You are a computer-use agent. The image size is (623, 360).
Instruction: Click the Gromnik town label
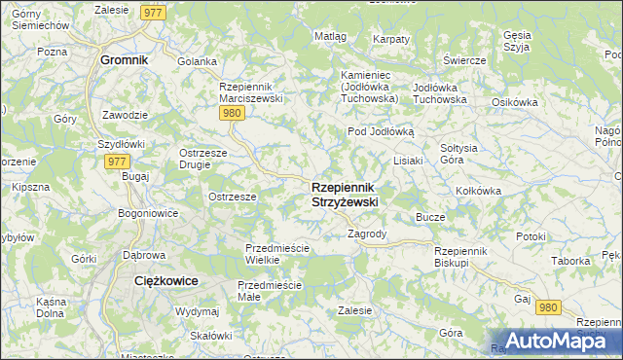point(124,59)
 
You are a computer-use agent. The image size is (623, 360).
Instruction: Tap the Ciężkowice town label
point(165,280)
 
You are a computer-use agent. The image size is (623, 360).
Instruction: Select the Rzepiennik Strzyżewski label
point(345,194)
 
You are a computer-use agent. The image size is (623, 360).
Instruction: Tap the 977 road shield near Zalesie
point(152,12)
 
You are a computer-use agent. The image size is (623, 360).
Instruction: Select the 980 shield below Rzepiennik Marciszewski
point(231,114)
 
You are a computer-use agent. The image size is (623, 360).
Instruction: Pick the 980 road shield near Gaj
point(549,307)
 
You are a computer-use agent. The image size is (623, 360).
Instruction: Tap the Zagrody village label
point(367,234)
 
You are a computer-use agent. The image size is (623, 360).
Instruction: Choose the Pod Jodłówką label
point(382,131)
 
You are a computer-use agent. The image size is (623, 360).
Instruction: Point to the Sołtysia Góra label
point(458,153)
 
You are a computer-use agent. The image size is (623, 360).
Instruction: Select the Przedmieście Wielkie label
point(276,254)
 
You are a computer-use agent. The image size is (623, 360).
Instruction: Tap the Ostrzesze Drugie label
point(202,159)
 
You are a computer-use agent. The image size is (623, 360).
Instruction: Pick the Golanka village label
point(197,61)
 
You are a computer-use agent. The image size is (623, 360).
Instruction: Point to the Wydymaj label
point(197,311)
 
